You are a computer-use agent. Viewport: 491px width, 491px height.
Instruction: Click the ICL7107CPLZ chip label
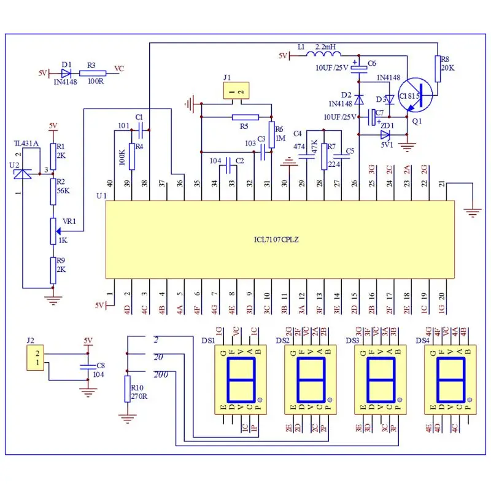pyautogui.click(x=280, y=239)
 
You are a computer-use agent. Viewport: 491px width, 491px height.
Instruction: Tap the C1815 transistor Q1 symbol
pyautogui.click(x=414, y=96)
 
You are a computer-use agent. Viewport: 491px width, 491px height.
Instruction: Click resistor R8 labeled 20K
pyautogui.click(x=438, y=69)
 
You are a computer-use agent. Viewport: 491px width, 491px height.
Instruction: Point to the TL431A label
pyautogui.click(x=26, y=144)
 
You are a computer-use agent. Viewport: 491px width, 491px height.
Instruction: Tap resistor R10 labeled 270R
pyautogui.click(x=127, y=388)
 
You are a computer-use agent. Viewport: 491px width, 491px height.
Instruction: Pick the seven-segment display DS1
pyautogui.click(x=241, y=379)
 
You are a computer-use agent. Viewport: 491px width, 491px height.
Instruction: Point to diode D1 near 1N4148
pyautogui.click(x=66, y=72)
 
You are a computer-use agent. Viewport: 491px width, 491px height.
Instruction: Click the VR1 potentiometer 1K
pyautogui.click(x=53, y=230)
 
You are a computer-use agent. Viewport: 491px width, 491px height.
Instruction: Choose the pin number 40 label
pyautogui.click(x=110, y=183)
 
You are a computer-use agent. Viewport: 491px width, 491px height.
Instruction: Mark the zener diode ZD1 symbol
pyautogui.click(x=385, y=134)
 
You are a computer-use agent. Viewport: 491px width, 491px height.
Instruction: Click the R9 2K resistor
pyautogui.click(x=53, y=269)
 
